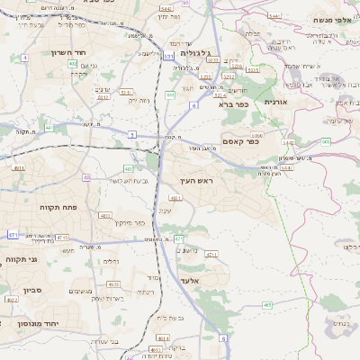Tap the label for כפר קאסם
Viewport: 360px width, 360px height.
240,140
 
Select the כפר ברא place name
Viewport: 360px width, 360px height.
234,103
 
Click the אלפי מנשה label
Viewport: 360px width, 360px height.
332,19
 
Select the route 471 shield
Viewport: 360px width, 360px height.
13,235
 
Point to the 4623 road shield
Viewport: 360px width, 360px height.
114,283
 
